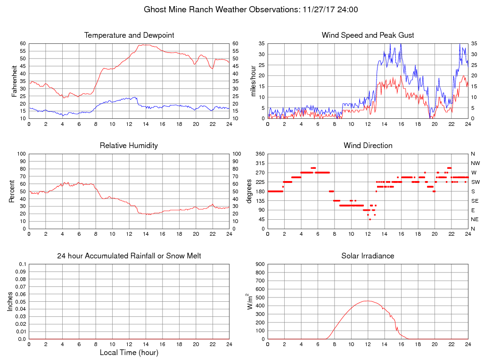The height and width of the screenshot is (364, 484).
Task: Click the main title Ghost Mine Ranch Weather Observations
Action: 250,9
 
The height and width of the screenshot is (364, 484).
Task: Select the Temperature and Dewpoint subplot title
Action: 129,35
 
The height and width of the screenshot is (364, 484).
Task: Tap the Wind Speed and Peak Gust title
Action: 368,35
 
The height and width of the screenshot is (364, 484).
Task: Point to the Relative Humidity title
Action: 129,146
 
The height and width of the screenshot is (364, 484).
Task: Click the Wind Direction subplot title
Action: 368,146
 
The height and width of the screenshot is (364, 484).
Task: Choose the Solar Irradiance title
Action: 368,256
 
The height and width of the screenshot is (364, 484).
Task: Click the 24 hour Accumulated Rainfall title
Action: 129,256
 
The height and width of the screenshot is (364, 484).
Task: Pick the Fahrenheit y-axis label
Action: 15,81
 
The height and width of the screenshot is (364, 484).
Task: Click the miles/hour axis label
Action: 253,81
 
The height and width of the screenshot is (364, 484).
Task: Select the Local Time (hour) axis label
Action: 129,352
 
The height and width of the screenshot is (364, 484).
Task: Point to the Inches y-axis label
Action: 10,301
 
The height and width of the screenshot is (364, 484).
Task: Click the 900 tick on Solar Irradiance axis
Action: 259,264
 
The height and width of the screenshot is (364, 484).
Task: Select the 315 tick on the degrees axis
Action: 259,163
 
